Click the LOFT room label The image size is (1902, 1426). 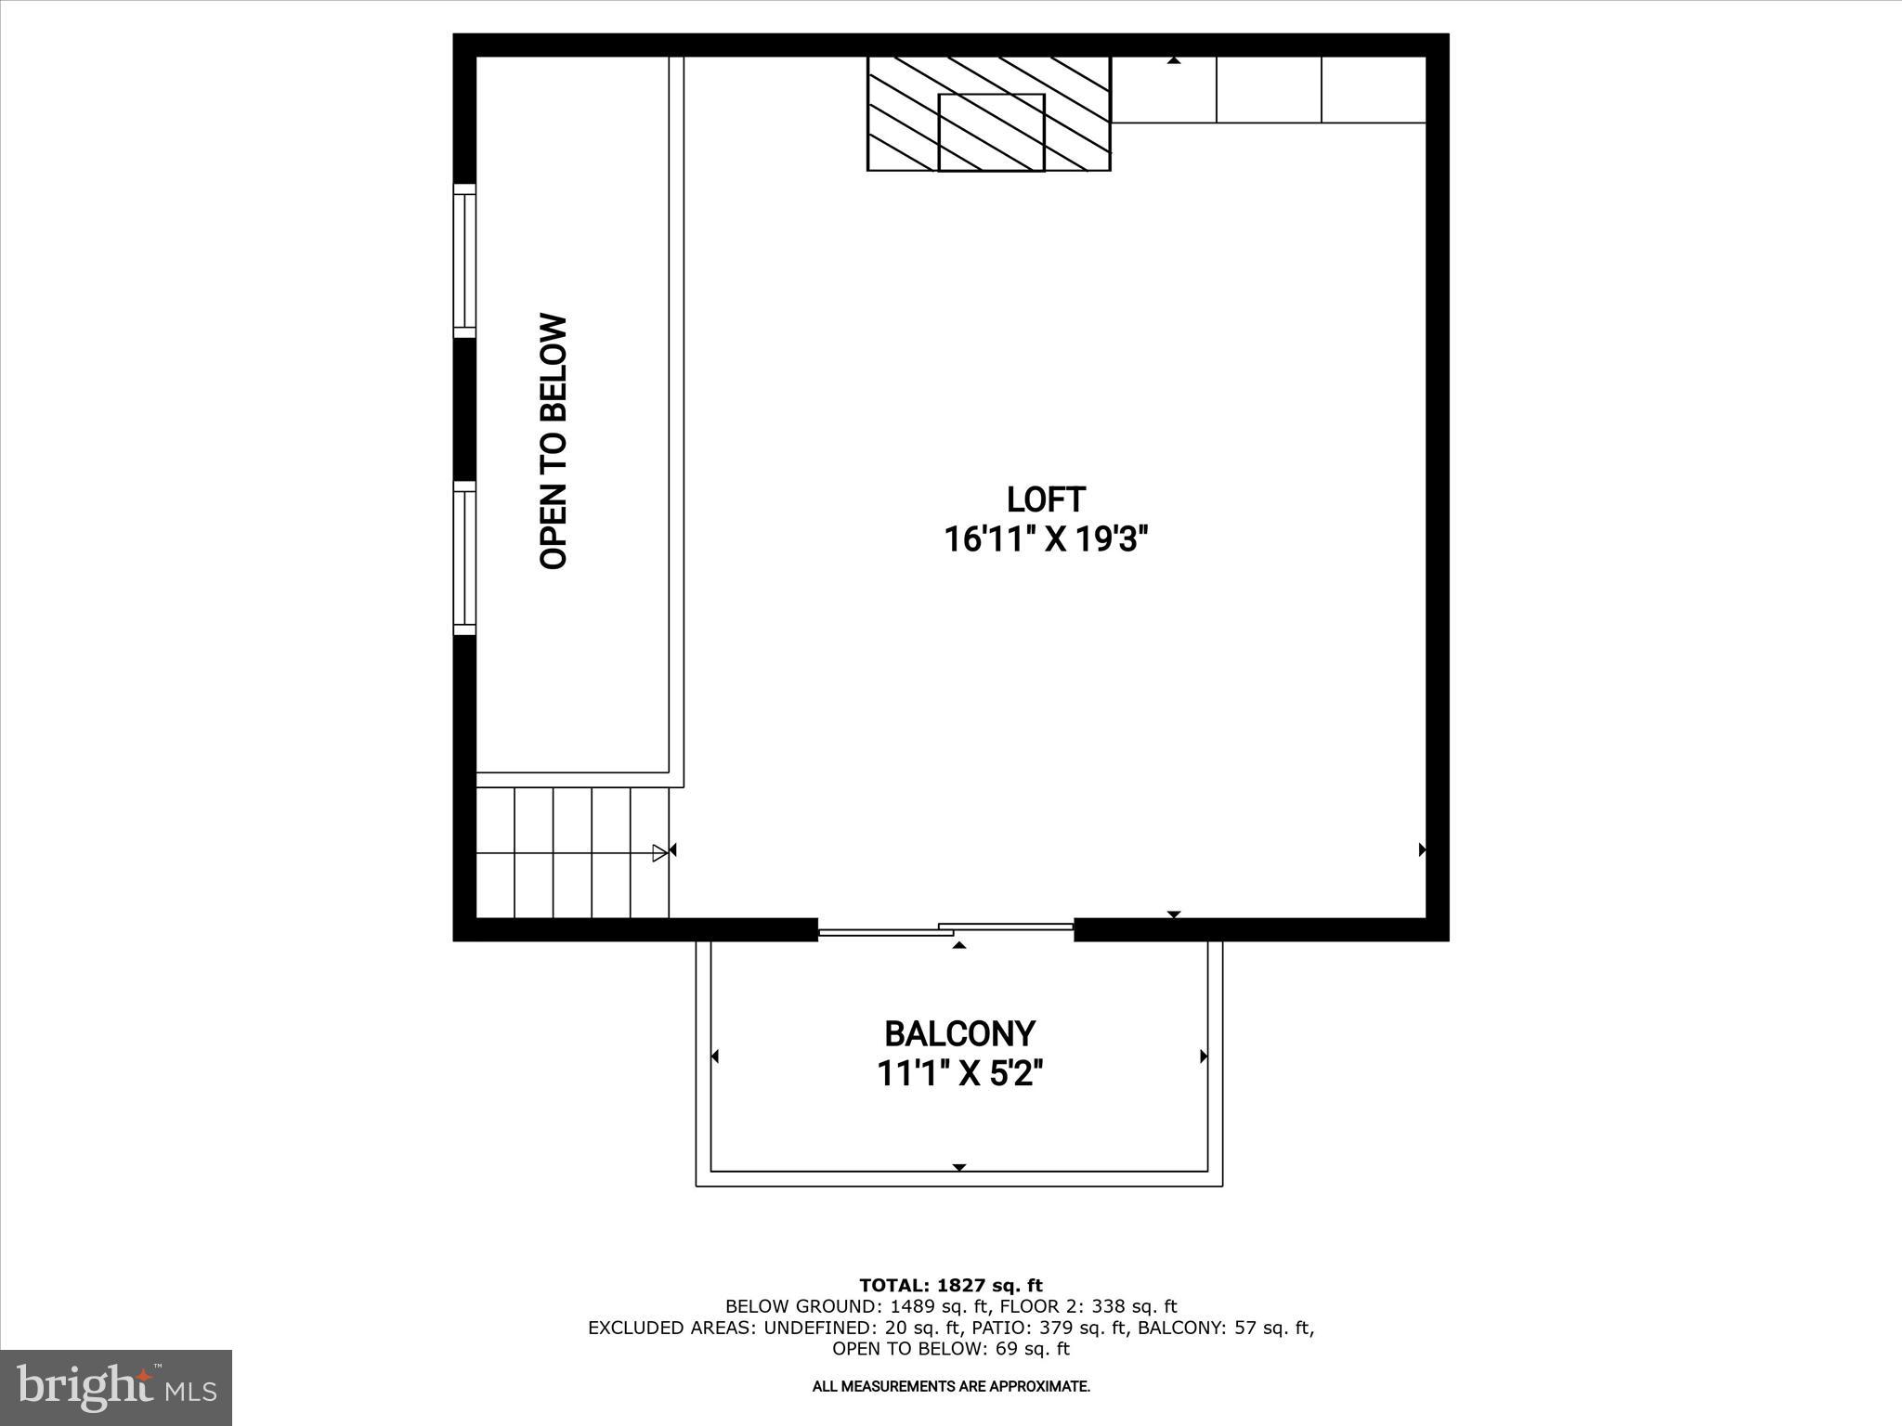click(x=1046, y=499)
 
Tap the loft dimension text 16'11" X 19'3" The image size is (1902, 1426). click(x=1046, y=539)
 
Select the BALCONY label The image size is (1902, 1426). click(x=959, y=1033)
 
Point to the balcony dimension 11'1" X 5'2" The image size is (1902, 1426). click(x=959, y=1074)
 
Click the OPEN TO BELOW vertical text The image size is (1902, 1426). click(x=554, y=442)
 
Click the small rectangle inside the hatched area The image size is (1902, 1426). click(x=991, y=132)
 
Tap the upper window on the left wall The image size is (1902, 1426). click(x=464, y=261)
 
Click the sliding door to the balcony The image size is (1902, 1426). click(x=945, y=928)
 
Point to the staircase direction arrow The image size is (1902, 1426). click(x=659, y=852)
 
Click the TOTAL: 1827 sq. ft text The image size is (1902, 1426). click(x=951, y=1286)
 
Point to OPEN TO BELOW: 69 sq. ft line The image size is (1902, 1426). click(x=951, y=1349)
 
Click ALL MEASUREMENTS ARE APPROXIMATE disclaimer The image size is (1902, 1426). click(x=951, y=1387)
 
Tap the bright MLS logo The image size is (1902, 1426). click(x=116, y=1387)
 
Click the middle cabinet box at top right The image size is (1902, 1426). click(x=1269, y=89)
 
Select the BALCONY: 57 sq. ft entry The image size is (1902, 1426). click(x=1225, y=1329)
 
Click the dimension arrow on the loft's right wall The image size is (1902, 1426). click(x=1422, y=849)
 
